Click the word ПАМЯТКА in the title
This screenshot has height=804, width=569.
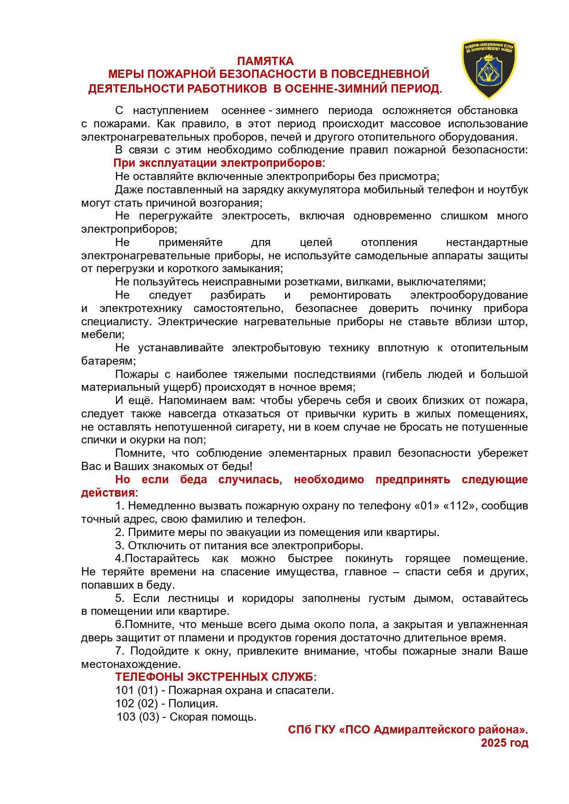tap(265, 61)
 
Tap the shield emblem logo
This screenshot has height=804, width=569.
tap(488, 69)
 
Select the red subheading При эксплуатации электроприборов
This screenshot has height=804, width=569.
tap(219, 163)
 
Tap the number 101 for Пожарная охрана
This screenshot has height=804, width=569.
tap(125, 690)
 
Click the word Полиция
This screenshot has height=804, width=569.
tap(193, 703)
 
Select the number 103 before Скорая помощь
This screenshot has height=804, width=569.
tap(126, 716)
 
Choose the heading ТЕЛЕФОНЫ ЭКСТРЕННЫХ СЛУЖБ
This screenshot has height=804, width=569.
tap(214, 677)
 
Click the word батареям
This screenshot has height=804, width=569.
tap(108, 361)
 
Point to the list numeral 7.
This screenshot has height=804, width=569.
tap(120, 651)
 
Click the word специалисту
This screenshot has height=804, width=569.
tap(116, 322)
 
